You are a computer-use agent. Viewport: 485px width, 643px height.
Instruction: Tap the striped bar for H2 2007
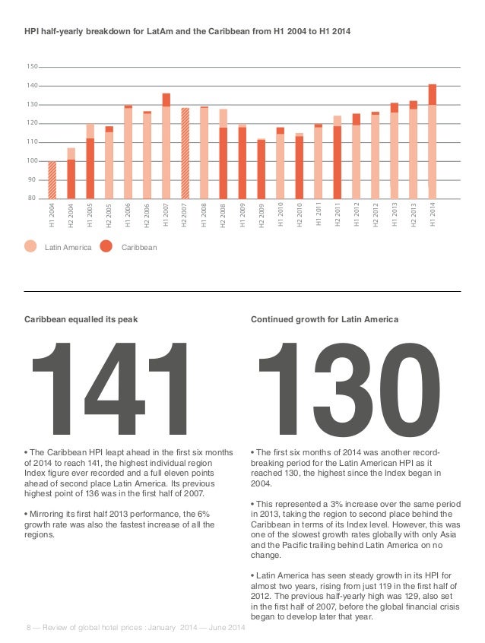click(x=185, y=153)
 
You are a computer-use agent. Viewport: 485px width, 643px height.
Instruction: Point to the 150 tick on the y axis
click(x=32, y=67)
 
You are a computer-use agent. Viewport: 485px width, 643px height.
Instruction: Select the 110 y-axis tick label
click(x=32, y=142)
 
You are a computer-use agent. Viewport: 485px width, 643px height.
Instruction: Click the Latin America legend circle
click(x=30, y=246)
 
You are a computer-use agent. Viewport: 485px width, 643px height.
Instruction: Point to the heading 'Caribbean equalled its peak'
click(x=81, y=320)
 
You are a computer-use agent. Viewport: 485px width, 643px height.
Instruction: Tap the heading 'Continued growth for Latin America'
click(x=325, y=320)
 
